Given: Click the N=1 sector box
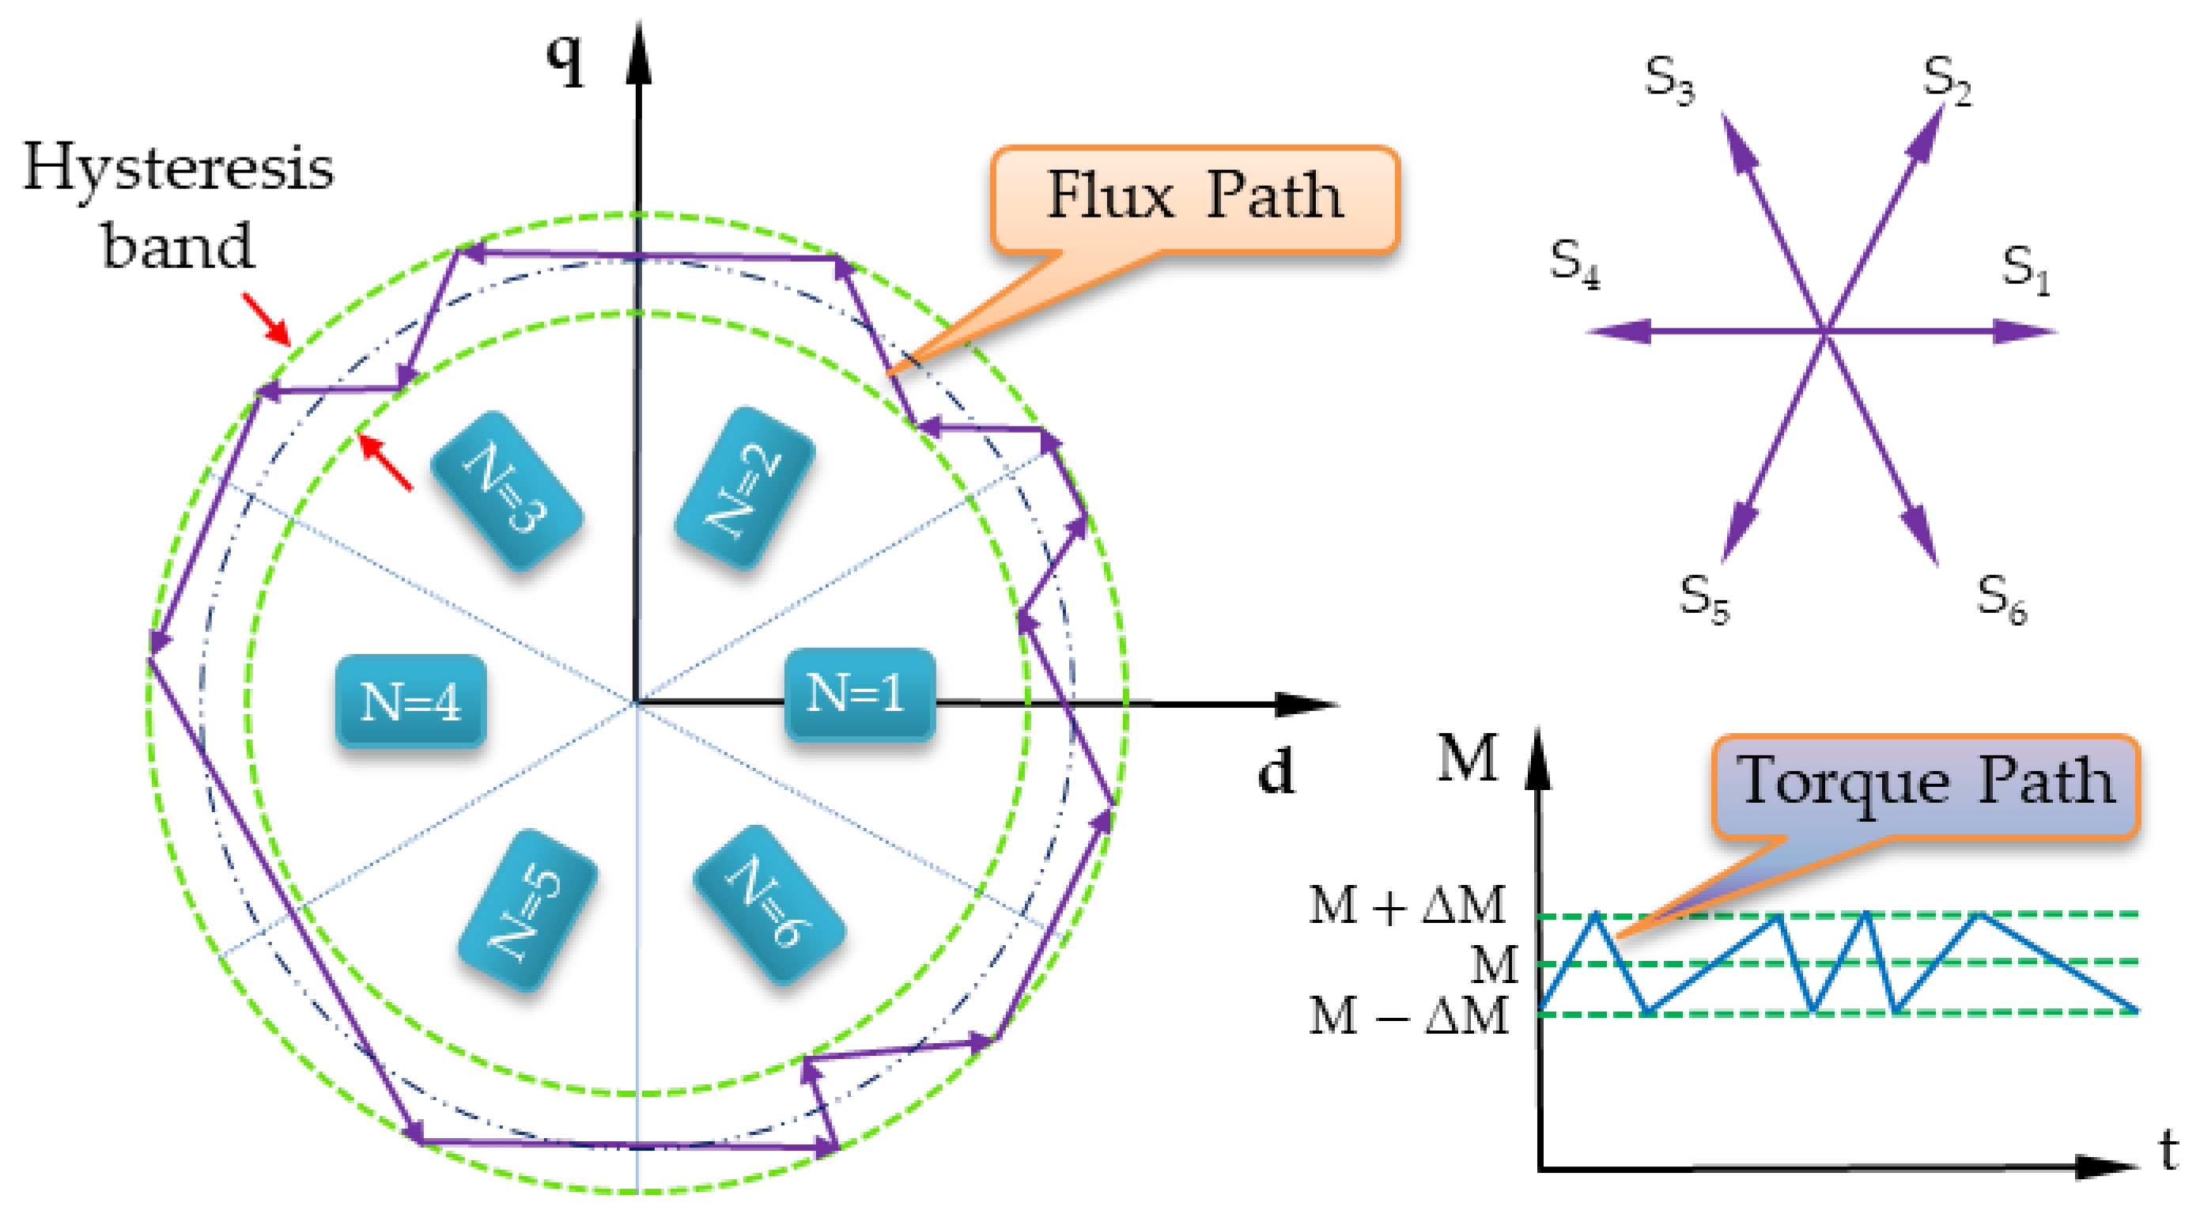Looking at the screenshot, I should coord(859,693).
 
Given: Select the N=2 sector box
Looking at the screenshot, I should coord(744,488).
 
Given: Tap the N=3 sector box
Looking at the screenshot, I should coord(506,490).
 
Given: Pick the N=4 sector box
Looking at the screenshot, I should coord(410,702).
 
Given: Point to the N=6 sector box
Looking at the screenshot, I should coord(769,904).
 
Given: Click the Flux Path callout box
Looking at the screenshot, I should coord(1194,199).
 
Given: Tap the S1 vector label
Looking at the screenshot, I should coord(2025,269).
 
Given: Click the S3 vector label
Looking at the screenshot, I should coord(1669,79).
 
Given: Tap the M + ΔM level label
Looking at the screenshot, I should coord(1408,905).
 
